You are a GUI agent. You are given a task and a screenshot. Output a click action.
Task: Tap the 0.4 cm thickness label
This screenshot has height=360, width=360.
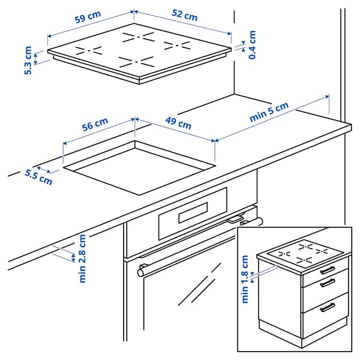(x=252, y=45)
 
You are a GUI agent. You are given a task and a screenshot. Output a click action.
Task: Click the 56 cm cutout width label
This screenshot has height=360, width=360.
(x=95, y=127)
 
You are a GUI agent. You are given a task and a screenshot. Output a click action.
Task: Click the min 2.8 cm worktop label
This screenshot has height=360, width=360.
(x=82, y=258)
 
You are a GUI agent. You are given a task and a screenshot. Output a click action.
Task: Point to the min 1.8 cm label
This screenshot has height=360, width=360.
(x=245, y=279)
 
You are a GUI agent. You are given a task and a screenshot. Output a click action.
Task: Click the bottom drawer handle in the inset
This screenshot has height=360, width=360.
(x=327, y=307)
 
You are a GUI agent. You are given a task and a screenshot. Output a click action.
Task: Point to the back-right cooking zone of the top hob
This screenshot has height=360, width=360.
(x=176, y=46)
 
